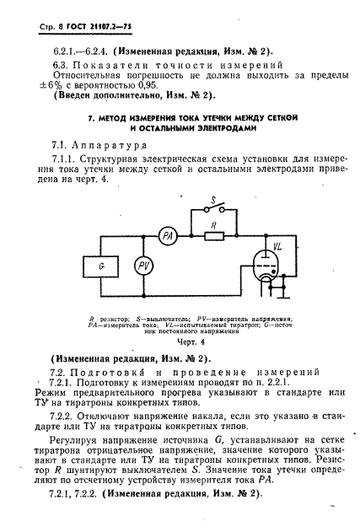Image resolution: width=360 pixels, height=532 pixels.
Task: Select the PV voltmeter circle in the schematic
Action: coord(143,265)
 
